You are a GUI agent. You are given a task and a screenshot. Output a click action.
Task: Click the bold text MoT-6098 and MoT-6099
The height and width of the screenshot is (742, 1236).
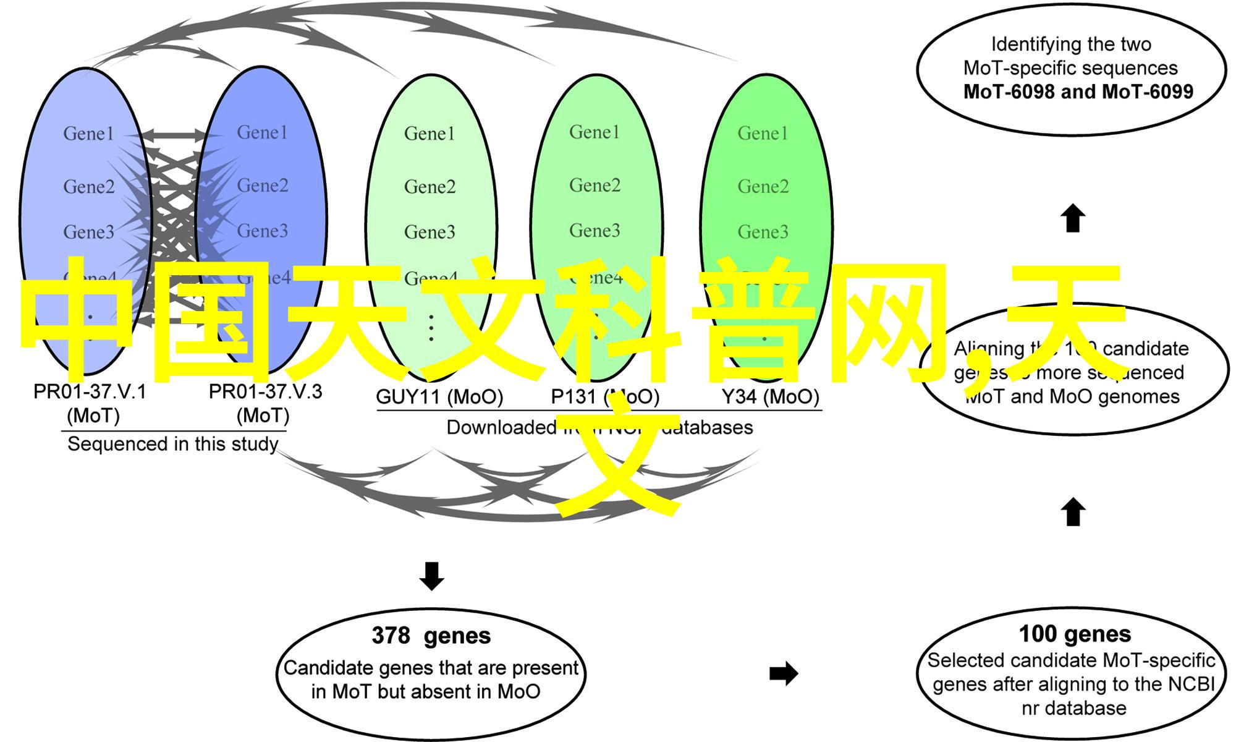coord(1078,92)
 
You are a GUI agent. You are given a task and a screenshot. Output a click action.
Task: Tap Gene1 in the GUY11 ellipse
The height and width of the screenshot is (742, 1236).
coord(430,134)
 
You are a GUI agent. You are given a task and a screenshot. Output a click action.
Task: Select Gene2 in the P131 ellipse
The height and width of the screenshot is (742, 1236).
coord(595,185)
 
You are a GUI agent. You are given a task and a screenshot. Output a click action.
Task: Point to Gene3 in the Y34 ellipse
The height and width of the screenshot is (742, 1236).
coord(763,232)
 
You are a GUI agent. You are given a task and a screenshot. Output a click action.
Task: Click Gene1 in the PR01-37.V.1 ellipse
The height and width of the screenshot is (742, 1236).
coord(88,134)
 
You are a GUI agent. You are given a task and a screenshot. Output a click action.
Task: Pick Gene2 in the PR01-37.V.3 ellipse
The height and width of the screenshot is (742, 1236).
coord(263,185)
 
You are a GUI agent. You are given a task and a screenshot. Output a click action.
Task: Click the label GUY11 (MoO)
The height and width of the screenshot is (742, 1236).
coord(439,397)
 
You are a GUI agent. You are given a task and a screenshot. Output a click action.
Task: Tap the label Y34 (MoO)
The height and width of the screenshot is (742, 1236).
coord(771,397)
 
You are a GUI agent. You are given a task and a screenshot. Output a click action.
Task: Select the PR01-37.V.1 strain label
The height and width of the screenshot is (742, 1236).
coord(90,392)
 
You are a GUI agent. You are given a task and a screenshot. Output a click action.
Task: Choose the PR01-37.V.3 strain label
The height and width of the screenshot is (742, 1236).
coord(265,392)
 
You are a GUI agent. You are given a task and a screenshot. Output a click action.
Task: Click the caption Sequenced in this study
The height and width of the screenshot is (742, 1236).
coord(172,444)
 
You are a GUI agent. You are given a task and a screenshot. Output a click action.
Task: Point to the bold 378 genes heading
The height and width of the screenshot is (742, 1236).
coord(431,636)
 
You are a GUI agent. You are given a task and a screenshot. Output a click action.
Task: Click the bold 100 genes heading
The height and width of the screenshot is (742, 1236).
coord(1075,634)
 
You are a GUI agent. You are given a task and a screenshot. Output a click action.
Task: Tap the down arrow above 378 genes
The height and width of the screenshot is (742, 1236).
coord(431,576)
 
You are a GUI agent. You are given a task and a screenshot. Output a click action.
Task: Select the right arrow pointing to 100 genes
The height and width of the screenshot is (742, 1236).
coord(784,673)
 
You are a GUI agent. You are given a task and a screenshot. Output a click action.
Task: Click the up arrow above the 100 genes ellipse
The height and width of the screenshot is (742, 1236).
coord(1073,513)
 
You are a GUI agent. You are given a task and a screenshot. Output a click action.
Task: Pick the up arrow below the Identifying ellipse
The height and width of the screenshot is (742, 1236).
coord(1073,218)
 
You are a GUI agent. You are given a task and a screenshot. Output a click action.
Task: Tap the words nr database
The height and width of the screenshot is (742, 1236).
coord(1074,709)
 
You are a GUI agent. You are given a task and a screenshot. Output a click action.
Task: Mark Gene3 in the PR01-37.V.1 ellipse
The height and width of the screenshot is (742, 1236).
coord(88,232)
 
